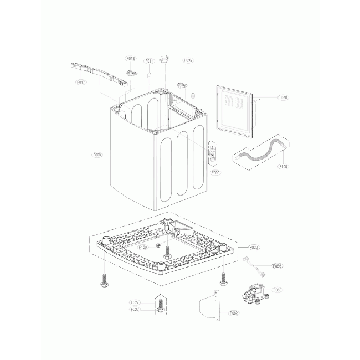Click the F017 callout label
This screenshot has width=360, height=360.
click(81, 82)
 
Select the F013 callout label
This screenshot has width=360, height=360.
click(131, 58)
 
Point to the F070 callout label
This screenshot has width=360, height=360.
click(282, 98)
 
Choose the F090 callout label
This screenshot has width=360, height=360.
click(215, 172)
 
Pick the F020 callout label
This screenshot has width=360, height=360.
click(255, 246)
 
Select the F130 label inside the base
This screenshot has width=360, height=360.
click(143, 248)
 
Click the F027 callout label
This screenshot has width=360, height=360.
click(135, 302)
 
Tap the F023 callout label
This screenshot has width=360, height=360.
click(135, 310)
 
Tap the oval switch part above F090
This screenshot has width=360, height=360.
click(211, 153)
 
